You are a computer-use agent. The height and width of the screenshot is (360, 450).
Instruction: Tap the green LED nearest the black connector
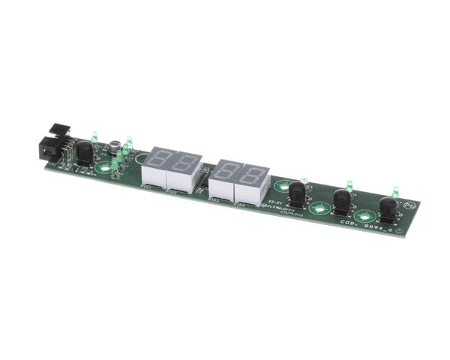tap(94, 137)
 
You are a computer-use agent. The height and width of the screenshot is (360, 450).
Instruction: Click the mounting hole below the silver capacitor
tap(106, 168)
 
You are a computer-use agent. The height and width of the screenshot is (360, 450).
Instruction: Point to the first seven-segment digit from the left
tap(163, 160)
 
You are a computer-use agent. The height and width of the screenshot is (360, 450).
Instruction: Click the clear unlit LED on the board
tap(303, 178)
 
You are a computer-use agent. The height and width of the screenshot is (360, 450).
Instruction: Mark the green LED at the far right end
tap(394, 193)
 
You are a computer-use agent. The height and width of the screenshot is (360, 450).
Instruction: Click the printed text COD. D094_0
tap(361, 223)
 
